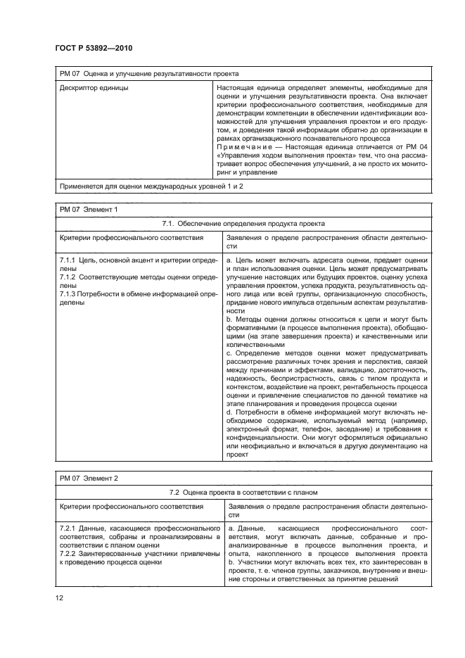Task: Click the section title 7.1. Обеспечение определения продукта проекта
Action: pyautogui.click(x=243, y=223)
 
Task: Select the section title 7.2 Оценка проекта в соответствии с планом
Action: pyautogui.click(x=243, y=492)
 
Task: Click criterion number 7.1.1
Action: pyautogui.click(x=69, y=261)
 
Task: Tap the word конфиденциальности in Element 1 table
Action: pyautogui.click(x=263, y=437)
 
